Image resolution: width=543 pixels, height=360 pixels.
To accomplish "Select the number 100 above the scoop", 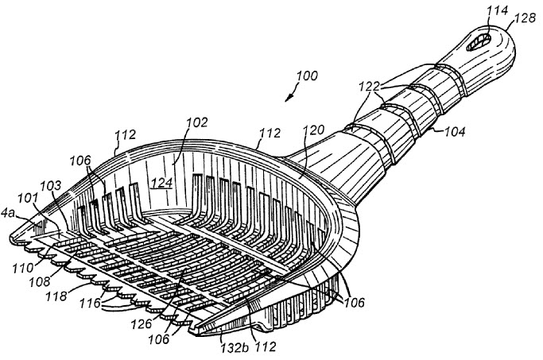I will [x=306, y=77].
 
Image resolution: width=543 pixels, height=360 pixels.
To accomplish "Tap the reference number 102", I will [x=198, y=122].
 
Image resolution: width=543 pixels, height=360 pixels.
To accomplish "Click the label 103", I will [x=51, y=185].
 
